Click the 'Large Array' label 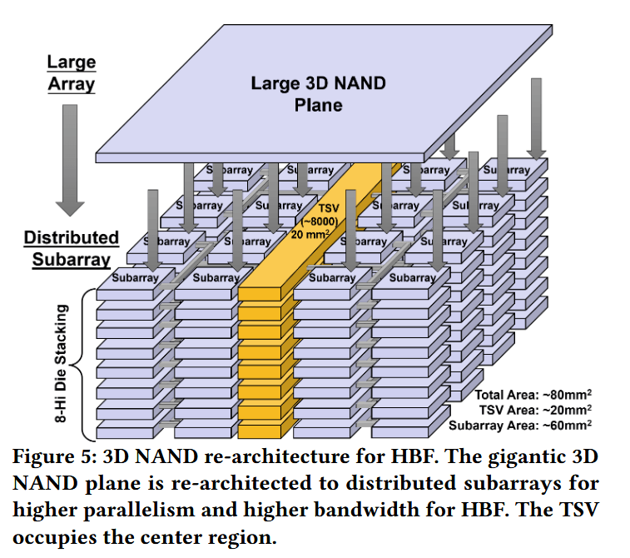(x=71, y=73)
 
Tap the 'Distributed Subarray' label (x=71, y=248)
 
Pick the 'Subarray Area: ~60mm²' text (x=520, y=425)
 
